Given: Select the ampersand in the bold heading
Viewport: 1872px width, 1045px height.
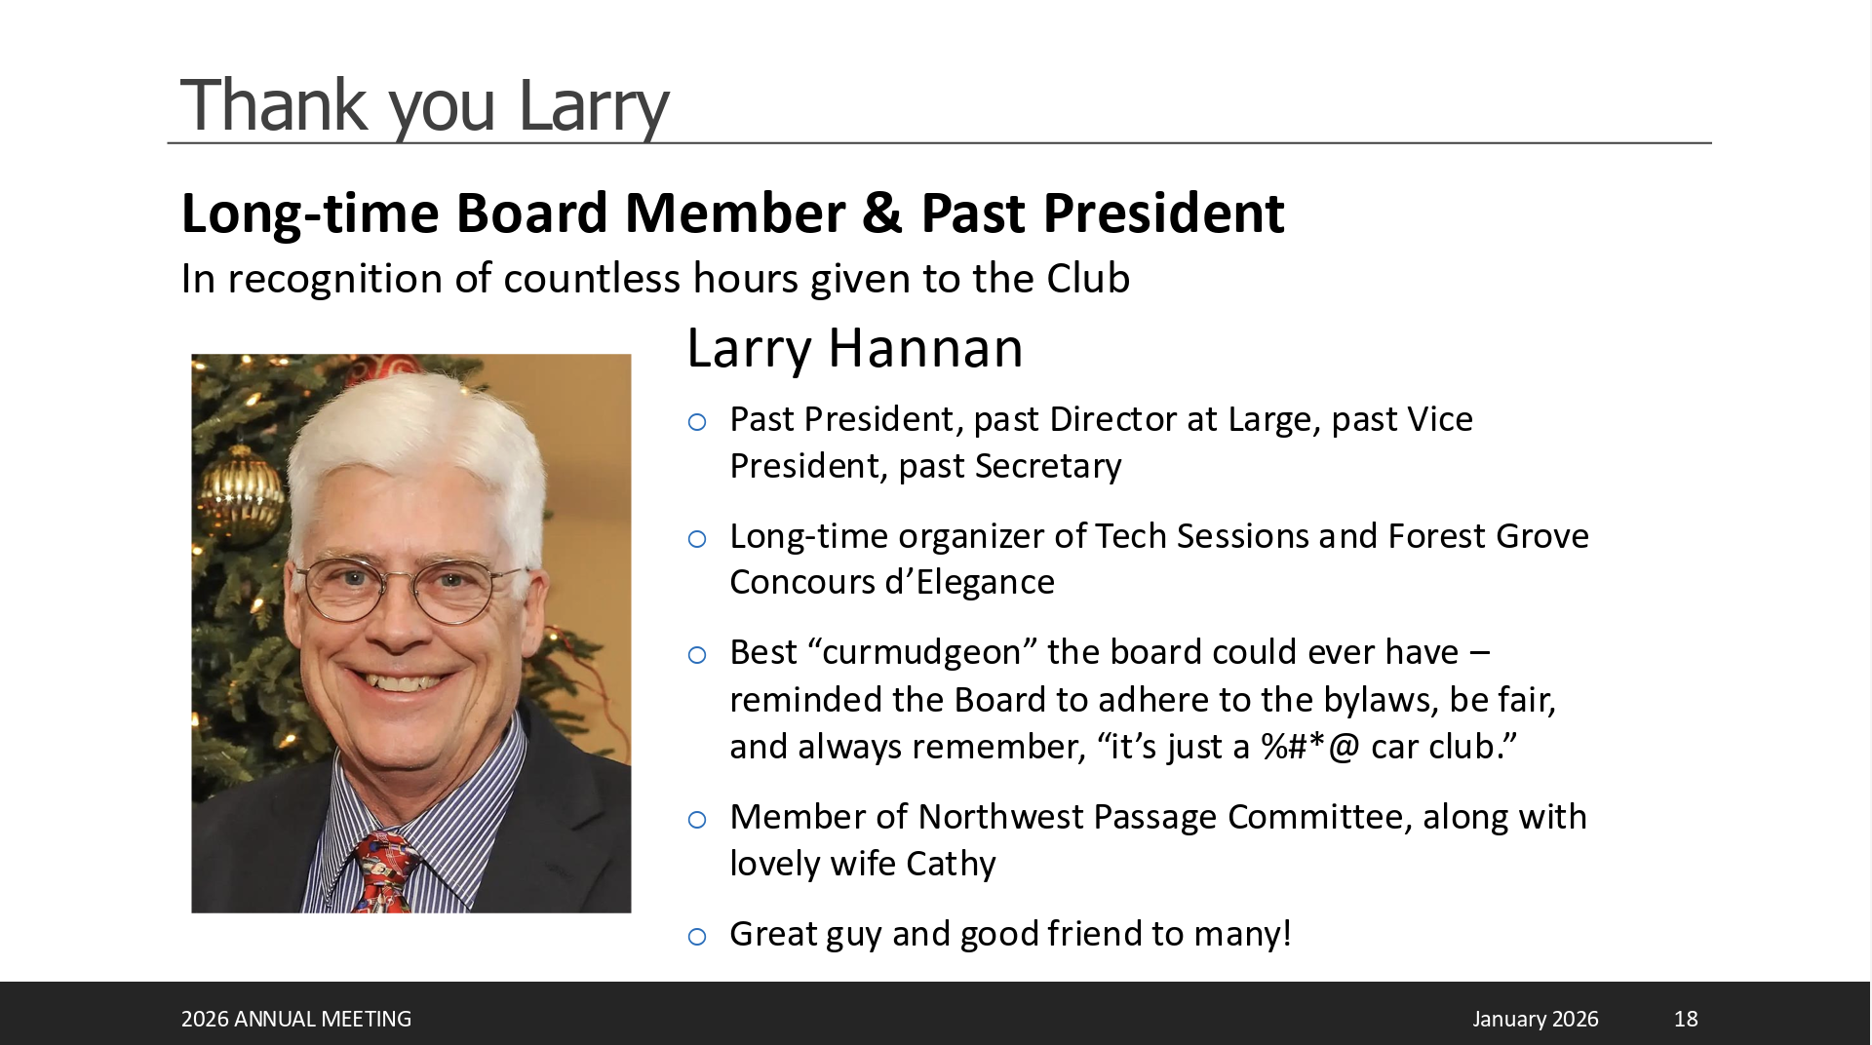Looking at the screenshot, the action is [x=881, y=213].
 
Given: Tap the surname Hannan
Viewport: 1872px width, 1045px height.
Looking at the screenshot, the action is [x=925, y=348].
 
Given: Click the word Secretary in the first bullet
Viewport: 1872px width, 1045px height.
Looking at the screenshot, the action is [x=1048, y=467].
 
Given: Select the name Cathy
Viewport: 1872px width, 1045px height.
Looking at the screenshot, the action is [x=951, y=865].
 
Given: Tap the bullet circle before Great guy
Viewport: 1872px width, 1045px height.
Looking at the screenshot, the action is [x=697, y=937].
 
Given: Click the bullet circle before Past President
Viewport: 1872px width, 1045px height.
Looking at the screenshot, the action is [x=697, y=422].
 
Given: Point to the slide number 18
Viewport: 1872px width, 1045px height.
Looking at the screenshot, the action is [x=1686, y=1019].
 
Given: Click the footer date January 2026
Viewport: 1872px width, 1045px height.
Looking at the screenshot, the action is [x=1536, y=1019].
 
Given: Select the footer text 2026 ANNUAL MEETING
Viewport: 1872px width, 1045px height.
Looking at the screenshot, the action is [x=296, y=1019].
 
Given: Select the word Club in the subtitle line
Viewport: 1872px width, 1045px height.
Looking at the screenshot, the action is [x=1088, y=279].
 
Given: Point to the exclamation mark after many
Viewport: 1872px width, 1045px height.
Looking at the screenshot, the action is [x=1287, y=933].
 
